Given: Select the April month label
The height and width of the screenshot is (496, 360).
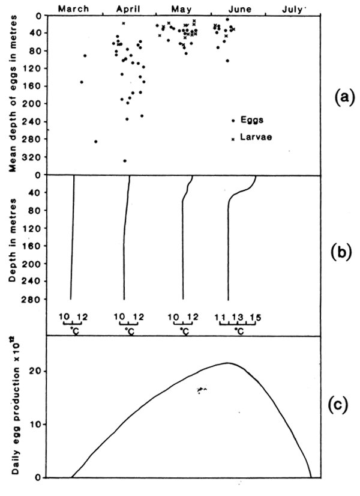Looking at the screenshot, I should [128, 8].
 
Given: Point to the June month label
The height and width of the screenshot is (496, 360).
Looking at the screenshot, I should [236, 8].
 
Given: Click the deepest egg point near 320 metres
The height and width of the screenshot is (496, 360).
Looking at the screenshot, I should [125, 160].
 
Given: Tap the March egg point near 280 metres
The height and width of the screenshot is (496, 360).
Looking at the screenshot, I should [96, 141].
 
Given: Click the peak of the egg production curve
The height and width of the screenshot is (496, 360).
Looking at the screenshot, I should [227, 363].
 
